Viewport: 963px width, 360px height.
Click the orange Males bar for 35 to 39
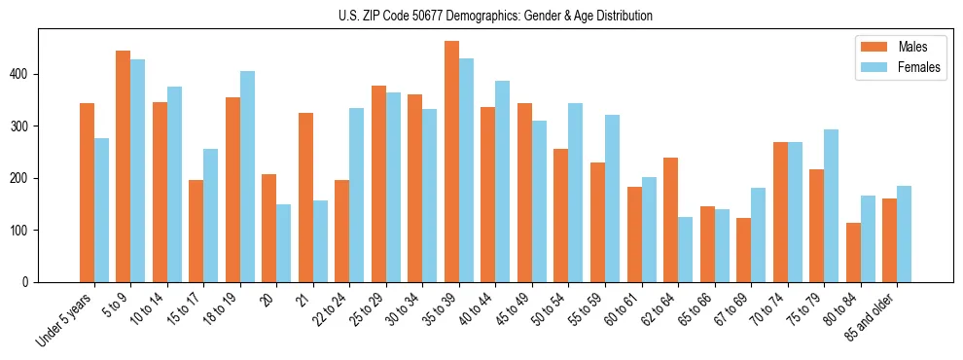451,162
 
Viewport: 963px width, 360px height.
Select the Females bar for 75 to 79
831,206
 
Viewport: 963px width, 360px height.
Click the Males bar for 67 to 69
743,250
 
